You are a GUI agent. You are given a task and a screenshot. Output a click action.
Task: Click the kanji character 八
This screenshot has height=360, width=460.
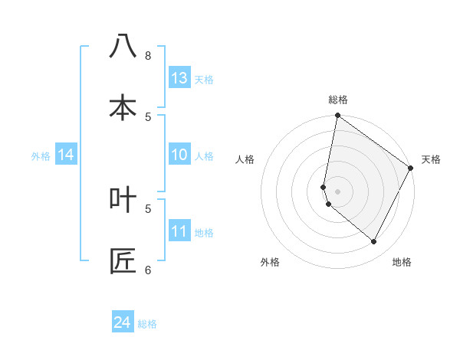click(x=123, y=47)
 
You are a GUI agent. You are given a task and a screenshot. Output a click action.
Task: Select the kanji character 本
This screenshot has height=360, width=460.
click(x=123, y=107)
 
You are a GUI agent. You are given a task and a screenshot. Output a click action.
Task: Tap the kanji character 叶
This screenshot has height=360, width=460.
click(x=123, y=199)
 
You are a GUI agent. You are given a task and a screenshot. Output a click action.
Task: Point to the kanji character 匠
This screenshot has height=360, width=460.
click(x=123, y=260)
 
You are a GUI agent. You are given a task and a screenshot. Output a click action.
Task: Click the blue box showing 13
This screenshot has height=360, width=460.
click(x=179, y=78)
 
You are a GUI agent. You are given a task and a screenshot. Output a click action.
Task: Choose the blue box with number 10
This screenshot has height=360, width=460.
click(x=179, y=155)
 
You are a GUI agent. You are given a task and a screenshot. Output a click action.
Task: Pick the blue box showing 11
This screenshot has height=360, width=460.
click(x=179, y=232)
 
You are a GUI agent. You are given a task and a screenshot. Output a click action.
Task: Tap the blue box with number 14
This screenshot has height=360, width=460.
click(x=66, y=155)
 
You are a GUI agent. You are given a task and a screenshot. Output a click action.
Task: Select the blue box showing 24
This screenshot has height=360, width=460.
click(x=123, y=323)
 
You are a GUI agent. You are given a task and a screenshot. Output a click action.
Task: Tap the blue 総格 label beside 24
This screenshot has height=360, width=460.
click(x=148, y=324)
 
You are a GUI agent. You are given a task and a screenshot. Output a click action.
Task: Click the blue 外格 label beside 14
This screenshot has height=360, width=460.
click(x=41, y=156)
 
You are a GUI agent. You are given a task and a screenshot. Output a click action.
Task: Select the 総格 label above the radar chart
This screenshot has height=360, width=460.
click(x=338, y=100)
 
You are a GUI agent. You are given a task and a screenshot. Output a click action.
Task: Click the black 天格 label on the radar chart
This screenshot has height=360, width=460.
click(x=431, y=159)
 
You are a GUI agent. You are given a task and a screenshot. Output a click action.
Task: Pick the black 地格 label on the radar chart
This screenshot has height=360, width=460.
click(x=402, y=262)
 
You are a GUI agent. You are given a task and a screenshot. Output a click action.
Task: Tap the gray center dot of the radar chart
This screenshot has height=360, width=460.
click(x=338, y=191)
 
